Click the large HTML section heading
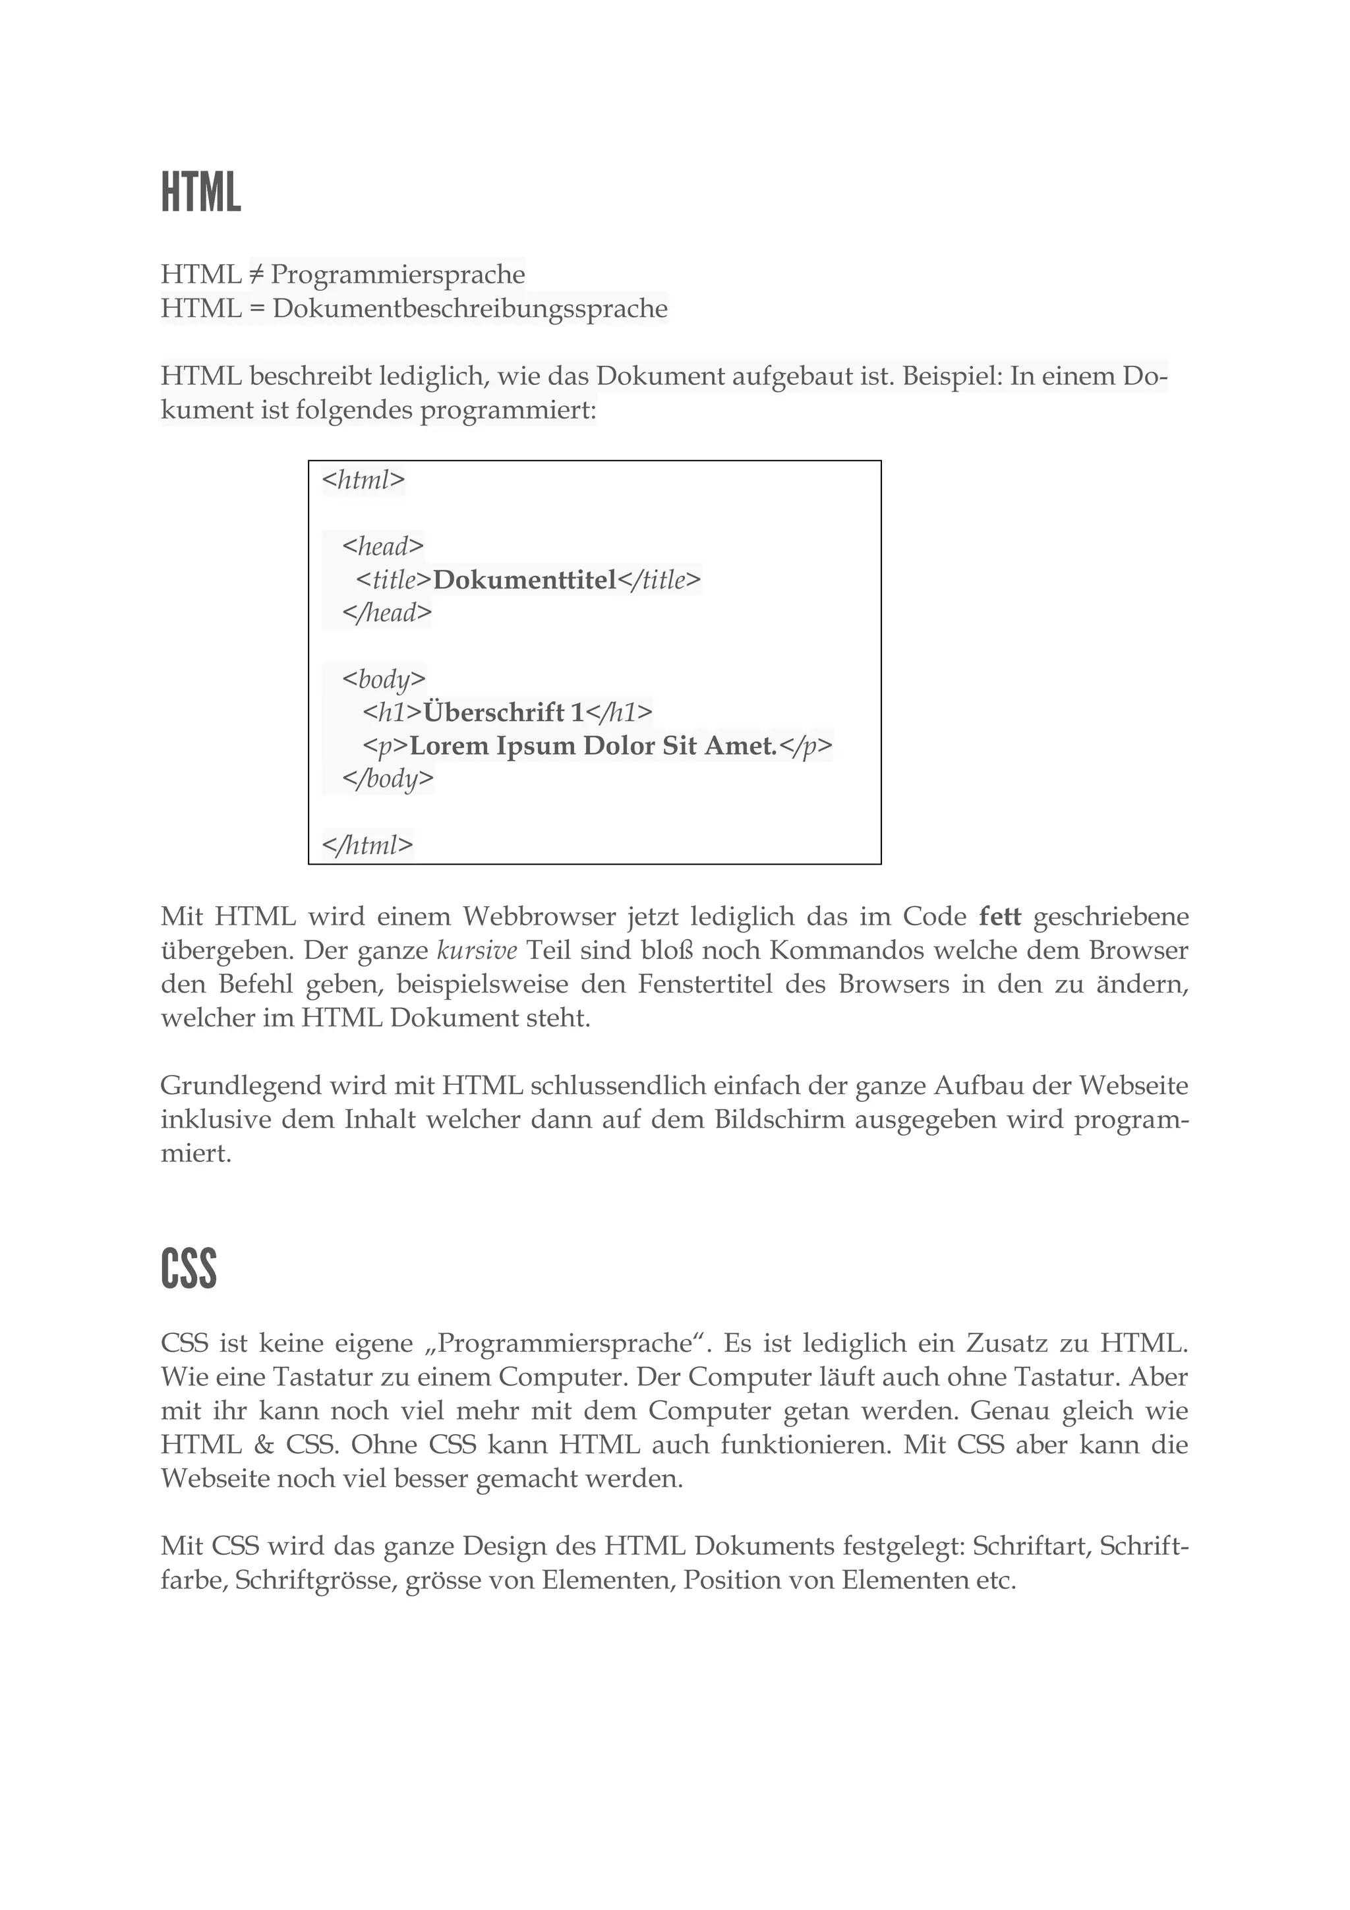tap(200, 192)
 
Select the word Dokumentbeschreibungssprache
tap(470, 308)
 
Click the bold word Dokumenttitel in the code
tap(525, 580)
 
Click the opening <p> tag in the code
tap(386, 746)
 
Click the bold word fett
tap(1000, 917)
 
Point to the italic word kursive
tap(477, 950)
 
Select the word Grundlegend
tap(241, 1085)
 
